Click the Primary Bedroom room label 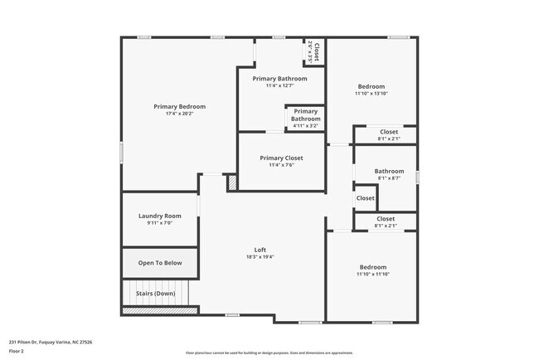179,106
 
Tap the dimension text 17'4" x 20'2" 179,114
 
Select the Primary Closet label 281,158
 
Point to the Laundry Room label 159,216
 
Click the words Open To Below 160,263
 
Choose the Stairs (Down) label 156,293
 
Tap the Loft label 260,250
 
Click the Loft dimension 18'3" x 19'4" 260,257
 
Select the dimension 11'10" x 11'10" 372,275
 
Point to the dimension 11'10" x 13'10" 371,94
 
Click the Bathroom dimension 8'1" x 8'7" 389,178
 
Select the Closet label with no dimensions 366,198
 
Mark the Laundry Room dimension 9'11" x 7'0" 159,223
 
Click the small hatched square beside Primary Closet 233,182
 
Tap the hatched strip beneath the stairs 160,310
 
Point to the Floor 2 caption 17,351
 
